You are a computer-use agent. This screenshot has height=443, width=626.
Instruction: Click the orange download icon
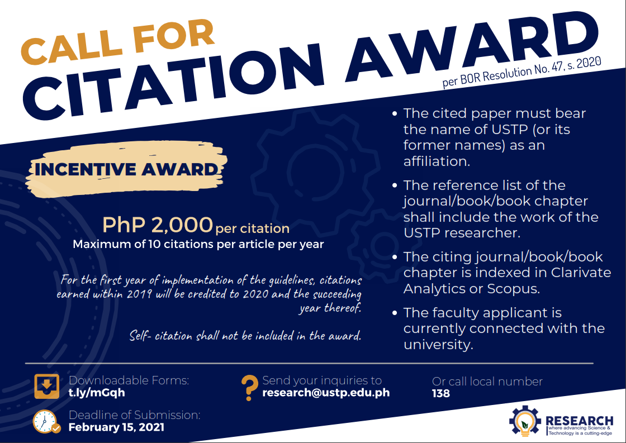47,387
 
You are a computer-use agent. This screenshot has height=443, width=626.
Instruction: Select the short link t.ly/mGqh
97,393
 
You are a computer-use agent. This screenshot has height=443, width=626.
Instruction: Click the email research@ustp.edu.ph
326,393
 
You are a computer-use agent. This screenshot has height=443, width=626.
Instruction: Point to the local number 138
441,393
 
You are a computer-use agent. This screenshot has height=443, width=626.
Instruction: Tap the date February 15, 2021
116,427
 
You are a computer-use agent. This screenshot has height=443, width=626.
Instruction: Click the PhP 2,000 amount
158,225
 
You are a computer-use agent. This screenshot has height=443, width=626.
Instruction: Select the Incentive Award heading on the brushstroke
126,170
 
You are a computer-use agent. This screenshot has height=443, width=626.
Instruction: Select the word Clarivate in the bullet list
581,272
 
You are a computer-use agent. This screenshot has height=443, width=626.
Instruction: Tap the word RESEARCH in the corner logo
579,421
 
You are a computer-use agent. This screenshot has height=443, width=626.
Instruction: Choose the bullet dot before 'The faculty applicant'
395,313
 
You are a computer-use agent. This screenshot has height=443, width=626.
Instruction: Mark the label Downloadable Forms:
129,380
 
